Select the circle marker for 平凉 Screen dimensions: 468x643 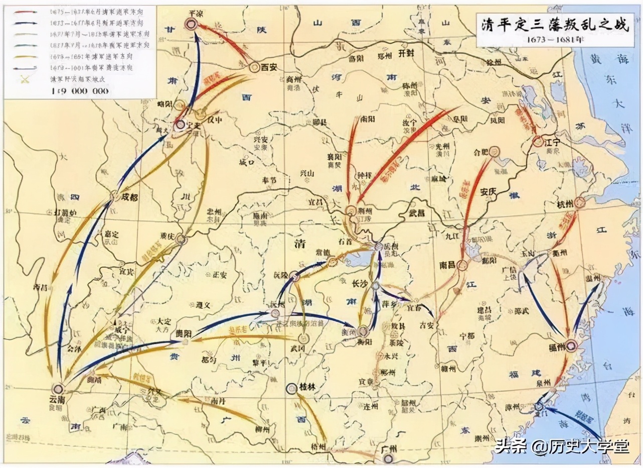[191, 23]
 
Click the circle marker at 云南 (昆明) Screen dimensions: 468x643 [58, 388]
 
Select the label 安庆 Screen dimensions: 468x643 [488, 191]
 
